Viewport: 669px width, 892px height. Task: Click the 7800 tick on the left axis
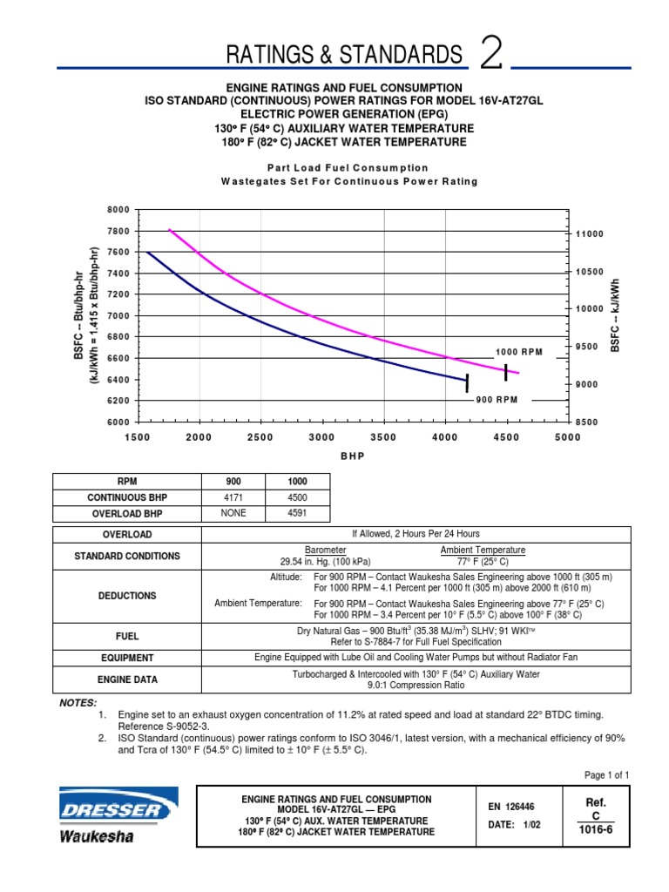(x=118, y=231)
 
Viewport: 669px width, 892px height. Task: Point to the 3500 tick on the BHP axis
(x=383, y=436)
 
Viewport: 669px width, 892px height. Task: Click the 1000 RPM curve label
(x=519, y=352)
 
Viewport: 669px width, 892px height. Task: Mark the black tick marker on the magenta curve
(x=506, y=372)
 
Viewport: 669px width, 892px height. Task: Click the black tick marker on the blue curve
(x=467, y=382)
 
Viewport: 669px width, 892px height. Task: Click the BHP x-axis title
(x=353, y=456)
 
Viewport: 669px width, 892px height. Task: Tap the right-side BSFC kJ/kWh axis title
(x=615, y=316)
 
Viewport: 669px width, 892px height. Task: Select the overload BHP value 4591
(x=297, y=513)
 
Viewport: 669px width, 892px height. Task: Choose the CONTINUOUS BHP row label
(x=127, y=497)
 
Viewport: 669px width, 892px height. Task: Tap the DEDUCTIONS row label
(x=127, y=596)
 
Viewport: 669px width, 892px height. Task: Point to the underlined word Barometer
(x=325, y=550)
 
